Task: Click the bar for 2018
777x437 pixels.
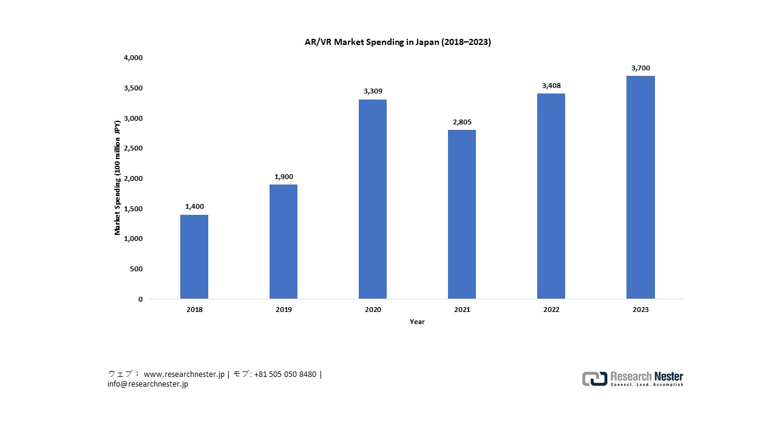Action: pyautogui.click(x=194, y=257)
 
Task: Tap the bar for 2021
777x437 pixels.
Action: pyautogui.click(x=462, y=214)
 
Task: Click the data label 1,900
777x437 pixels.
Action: pyautogui.click(x=283, y=177)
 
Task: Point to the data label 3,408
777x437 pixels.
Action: pyautogui.click(x=551, y=86)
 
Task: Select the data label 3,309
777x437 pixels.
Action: pyautogui.click(x=373, y=92)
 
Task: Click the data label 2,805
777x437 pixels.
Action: pyautogui.click(x=462, y=122)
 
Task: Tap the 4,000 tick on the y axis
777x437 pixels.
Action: pyautogui.click(x=133, y=58)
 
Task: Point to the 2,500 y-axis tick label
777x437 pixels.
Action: pyautogui.click(x=133, y=148)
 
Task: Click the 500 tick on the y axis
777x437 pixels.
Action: pyautogui.click(x=137, y=269)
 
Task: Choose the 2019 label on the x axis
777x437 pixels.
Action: pyautogui.click(x=283, y=310)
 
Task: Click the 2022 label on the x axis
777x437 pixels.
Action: pyautogui.click(x=551, y=310)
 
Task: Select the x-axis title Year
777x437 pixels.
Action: pyautogui.click(x=417, y=322)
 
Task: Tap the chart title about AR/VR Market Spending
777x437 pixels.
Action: pyautogui.click(x=398, y=42)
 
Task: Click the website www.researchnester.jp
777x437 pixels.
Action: pyautogui.click(x=184, y=374)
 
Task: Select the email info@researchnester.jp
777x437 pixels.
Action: pyautogui.click(x=148, y=384)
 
